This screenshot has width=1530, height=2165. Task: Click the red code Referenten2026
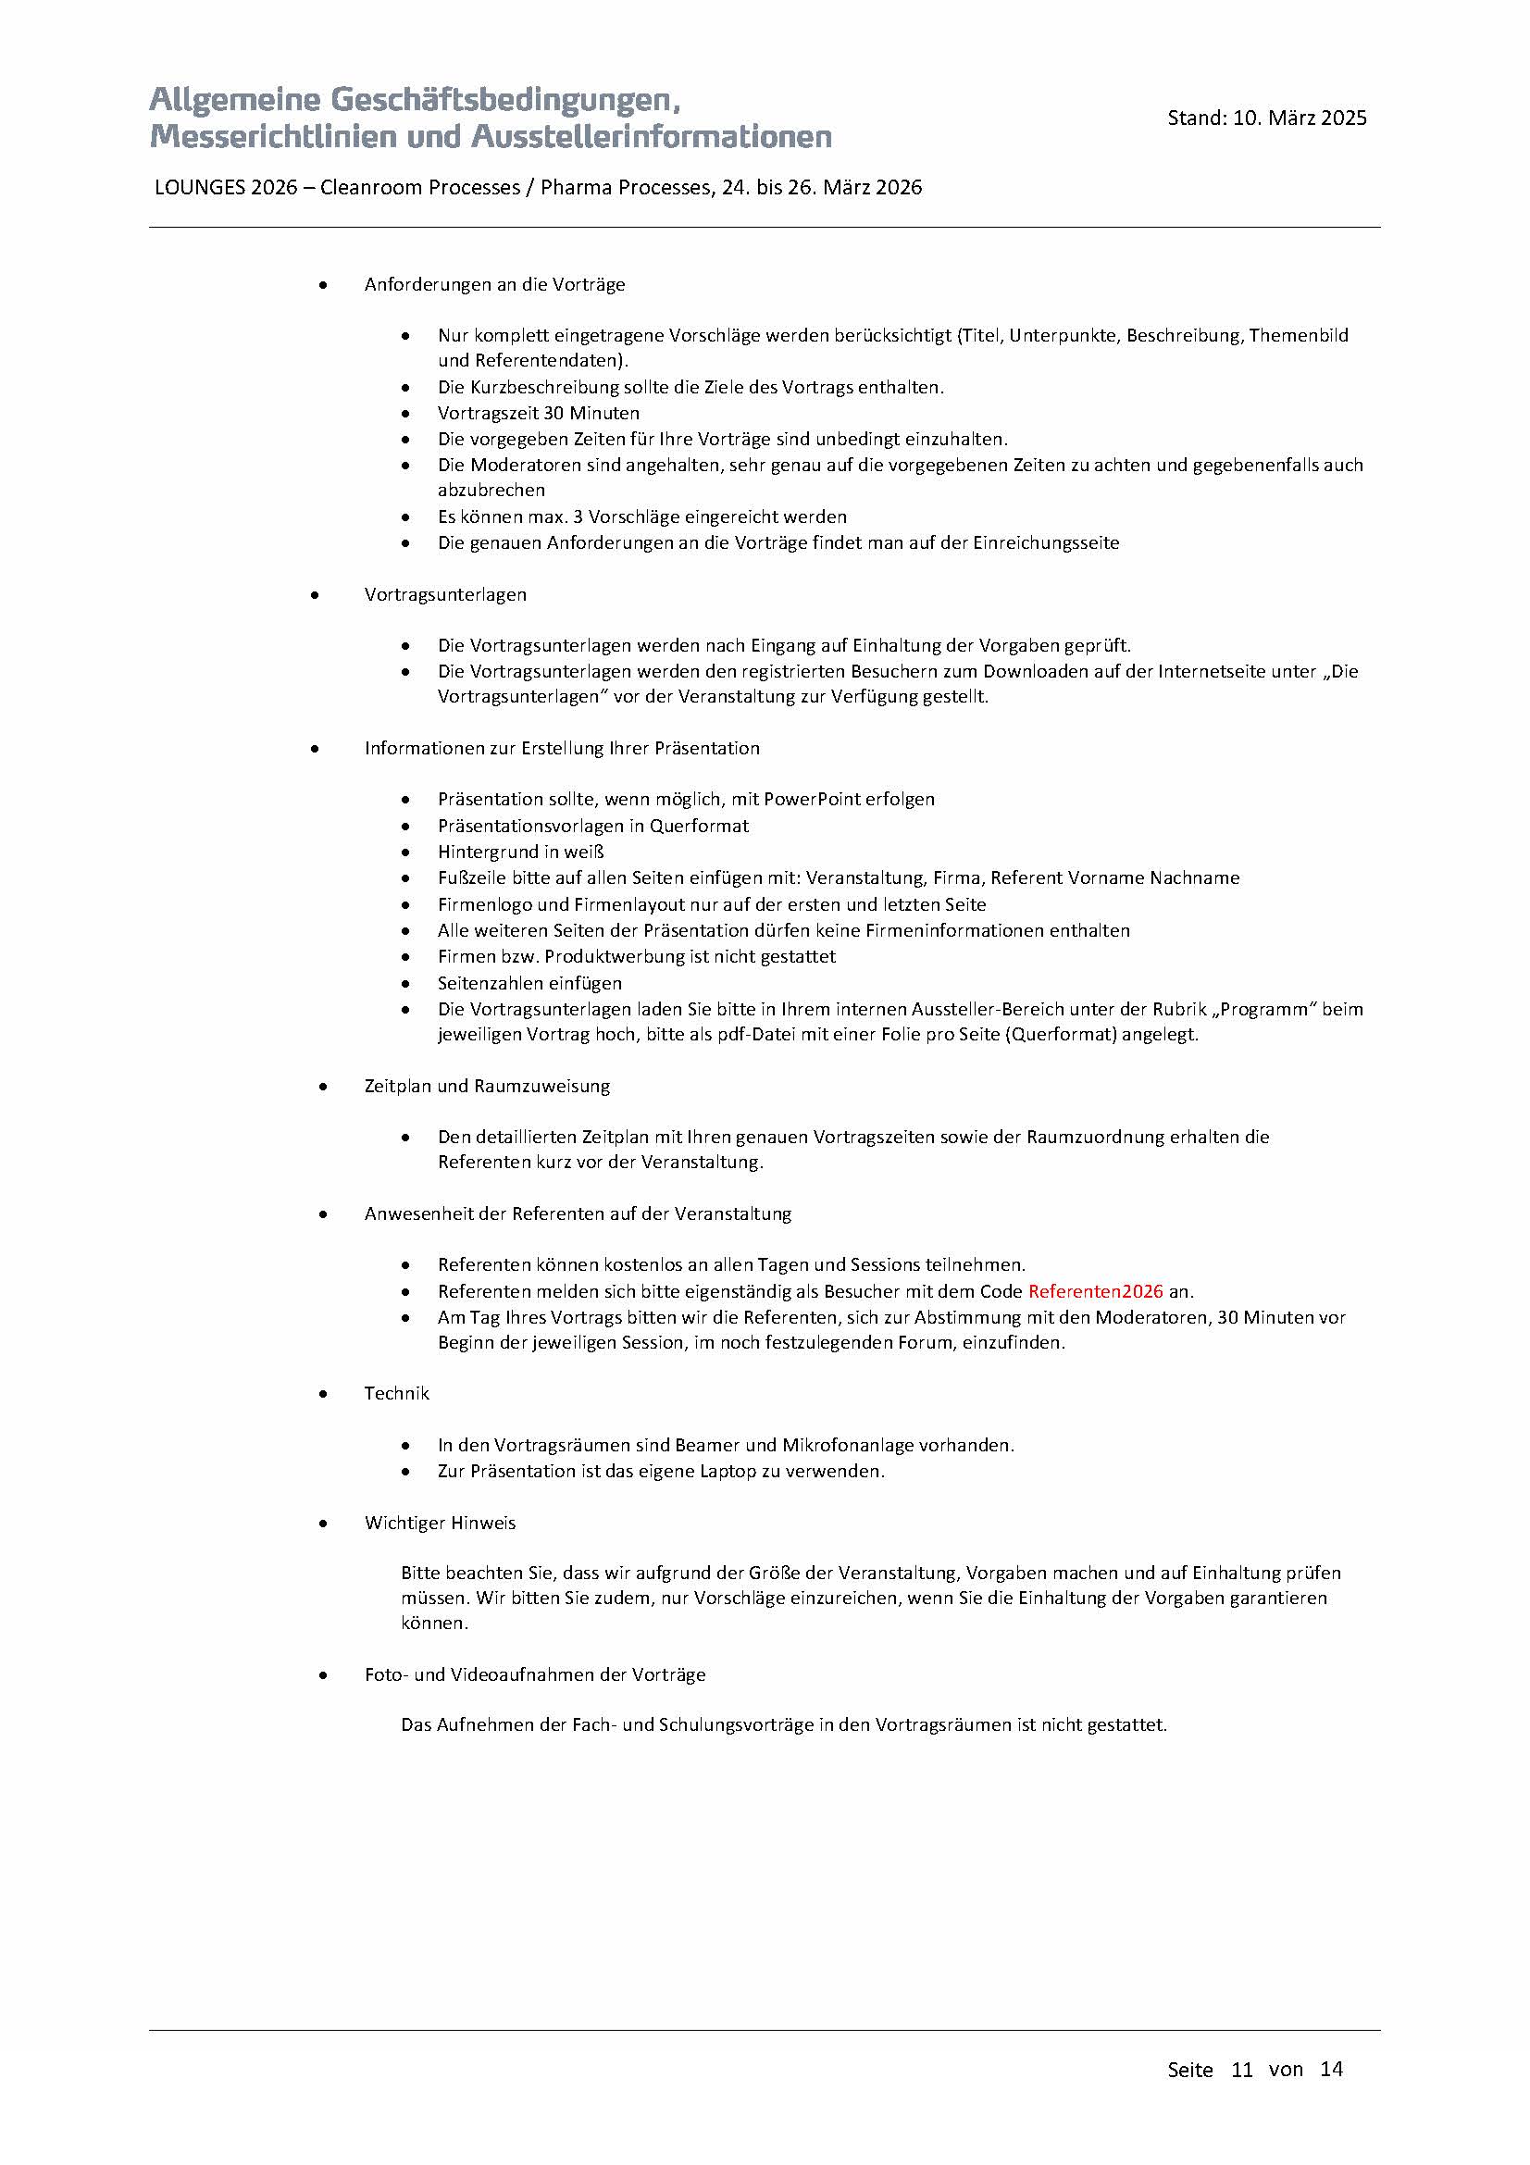pos(1095,1291)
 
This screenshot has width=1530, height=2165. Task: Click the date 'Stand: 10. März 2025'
pos(1266,118)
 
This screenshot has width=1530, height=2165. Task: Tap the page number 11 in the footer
pos(1241,2069)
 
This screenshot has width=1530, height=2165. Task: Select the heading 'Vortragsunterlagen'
pos(445,594)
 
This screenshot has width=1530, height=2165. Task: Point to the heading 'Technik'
pos(396,1393)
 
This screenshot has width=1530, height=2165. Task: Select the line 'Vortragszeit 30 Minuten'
pos(539,413)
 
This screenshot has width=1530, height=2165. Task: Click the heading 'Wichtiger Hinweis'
pos(440,1523)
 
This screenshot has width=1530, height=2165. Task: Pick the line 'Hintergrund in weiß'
pos(520,852)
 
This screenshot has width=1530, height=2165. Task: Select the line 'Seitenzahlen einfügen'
pos(529,983)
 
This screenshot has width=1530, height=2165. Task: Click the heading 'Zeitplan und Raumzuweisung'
pos(487,1086)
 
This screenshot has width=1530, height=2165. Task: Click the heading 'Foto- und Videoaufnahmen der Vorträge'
pos(534,1674)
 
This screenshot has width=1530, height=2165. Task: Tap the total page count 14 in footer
pos(1331,2069)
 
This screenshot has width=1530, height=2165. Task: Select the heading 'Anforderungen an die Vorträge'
pos(494,285)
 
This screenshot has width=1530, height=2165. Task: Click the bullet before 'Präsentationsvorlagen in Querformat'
pos(405,826)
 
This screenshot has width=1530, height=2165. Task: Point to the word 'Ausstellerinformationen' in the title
pos(651,137)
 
